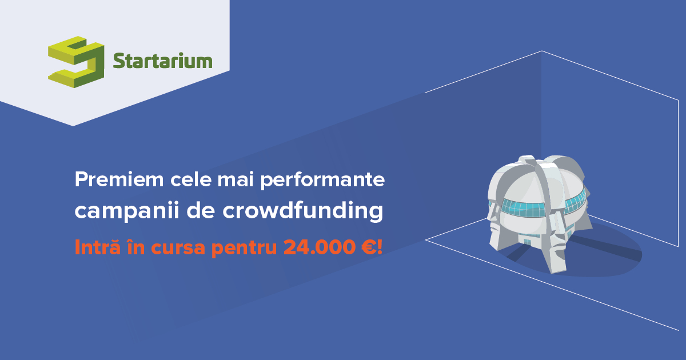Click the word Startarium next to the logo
click(x=162, y=61)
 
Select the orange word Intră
click(x=94, y=247)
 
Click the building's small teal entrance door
click(x=527, y=242)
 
